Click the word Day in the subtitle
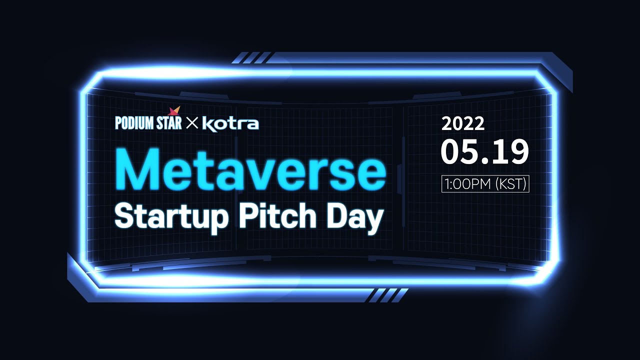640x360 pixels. (355, 216)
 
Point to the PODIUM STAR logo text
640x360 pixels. (148, 123)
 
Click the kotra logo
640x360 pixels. (230, 123)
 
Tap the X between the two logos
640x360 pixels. (192, 123)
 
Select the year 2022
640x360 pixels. (462, 123)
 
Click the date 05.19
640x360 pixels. (484, 152)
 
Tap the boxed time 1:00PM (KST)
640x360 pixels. (485, 183)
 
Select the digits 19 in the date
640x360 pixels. (511, 152)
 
